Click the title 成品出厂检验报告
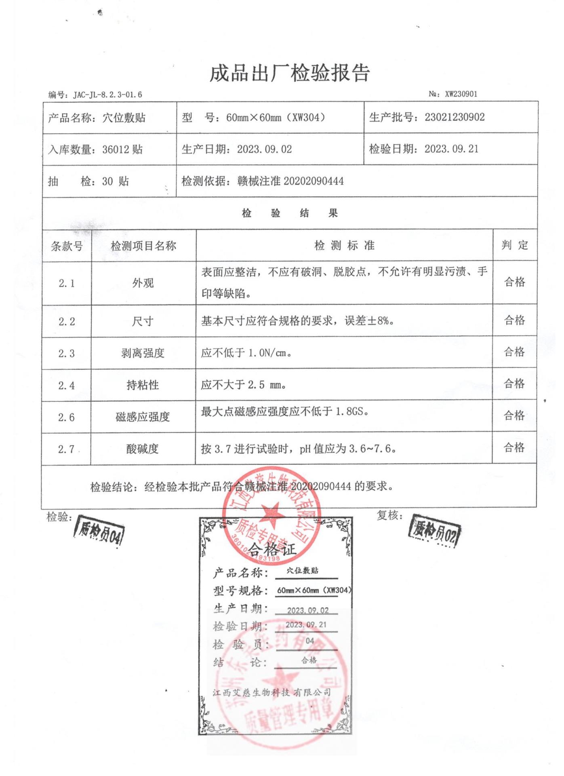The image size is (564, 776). [x=289, y=74]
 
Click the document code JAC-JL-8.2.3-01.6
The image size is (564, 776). [x=107, y=95]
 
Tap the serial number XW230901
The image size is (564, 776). [x=461, y=94]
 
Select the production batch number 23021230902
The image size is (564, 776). [x=455, y=118]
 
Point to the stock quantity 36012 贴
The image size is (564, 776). [x=122, y=150]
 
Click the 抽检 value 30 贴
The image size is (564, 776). [x=116, y=181]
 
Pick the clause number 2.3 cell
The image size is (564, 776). [x=67, y=354]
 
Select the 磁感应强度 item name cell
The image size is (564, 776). [x=143, y=417]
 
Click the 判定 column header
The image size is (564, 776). [x=515, y=245]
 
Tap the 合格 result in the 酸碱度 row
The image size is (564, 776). [x=514, y=448]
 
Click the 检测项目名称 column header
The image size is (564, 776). [x=143, y=246]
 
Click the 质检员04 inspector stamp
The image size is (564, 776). [x=99, y=531]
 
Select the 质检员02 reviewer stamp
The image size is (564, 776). [x=435, y=531]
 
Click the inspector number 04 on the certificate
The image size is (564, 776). [x=309, y=641]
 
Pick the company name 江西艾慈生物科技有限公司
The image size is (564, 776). [x=272, y=692]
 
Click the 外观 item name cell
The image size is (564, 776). [x=143, y=283]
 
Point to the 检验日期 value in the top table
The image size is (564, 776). [x=451, y=149]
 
